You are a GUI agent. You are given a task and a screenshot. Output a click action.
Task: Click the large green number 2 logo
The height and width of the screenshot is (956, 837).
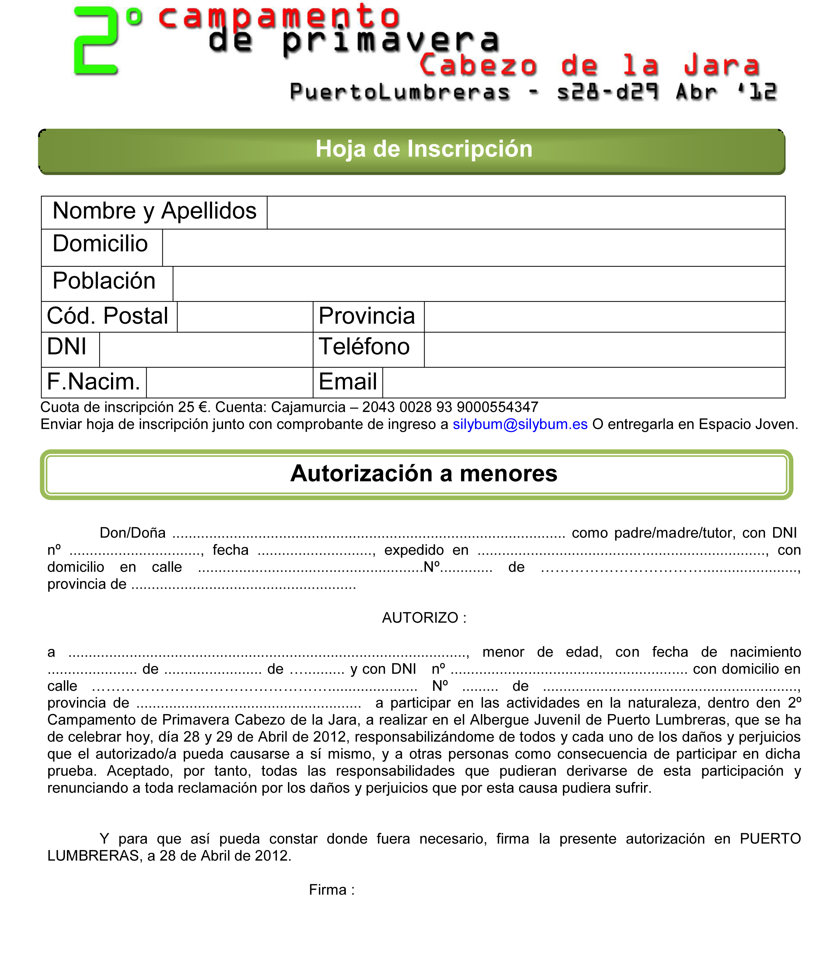tap(96, 42)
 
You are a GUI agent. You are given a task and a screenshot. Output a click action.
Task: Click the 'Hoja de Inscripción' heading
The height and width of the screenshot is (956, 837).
tap(423, 149)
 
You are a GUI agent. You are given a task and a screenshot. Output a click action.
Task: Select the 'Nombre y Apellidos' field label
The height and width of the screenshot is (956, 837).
tap(154, 211)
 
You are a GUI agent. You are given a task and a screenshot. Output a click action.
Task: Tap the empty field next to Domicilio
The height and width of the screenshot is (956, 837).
tap(473, 248)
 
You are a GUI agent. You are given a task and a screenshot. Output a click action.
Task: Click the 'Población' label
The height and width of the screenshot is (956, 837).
tap(104, 281)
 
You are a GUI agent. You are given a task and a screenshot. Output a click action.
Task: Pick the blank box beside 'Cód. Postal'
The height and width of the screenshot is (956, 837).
tap(245, 317)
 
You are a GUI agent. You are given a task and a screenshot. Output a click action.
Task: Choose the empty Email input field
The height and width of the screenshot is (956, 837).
tap(583, 383)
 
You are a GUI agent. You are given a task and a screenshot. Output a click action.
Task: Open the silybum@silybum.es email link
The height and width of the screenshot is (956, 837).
tap(520, 424)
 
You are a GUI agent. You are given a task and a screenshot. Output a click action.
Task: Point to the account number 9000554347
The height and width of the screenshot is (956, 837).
tap(498, 407)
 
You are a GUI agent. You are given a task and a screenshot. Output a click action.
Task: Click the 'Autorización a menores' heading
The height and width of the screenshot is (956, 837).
tap(423, 473)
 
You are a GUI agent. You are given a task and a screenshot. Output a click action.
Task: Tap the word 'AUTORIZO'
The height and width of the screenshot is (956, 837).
tap(420, 618)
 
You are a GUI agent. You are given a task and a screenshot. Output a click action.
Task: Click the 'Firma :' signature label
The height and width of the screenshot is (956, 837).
tap(332, 890)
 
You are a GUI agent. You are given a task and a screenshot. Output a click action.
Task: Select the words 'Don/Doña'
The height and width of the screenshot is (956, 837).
tap(133, 533)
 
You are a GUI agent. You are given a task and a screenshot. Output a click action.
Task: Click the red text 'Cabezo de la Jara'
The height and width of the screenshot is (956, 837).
tap(589, 65)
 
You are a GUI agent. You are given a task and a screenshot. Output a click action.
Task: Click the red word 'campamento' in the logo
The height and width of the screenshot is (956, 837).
tap(279, 16)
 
